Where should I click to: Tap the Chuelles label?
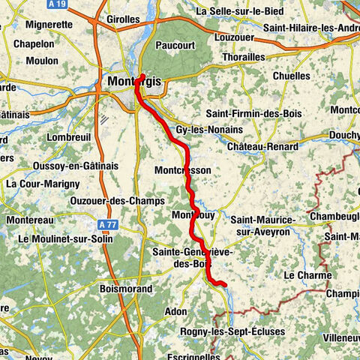290,76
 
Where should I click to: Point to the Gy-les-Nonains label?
204,130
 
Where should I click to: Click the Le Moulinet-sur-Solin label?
65,238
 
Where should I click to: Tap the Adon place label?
175,310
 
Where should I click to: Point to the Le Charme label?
307,275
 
